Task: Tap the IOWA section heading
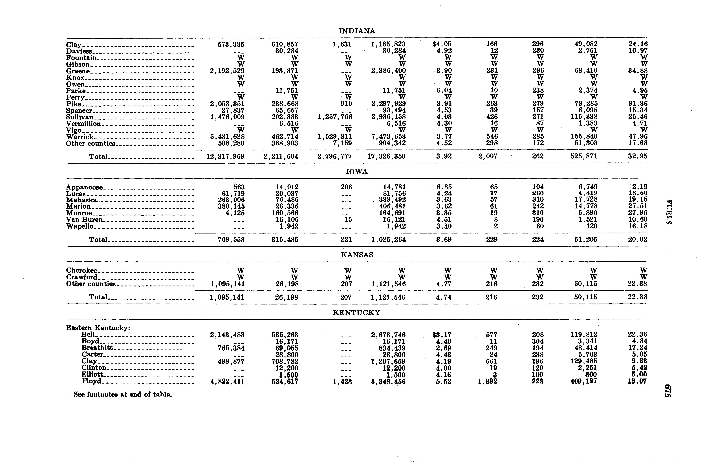(x=357, y=172)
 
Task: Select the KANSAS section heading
(x=357, y=255)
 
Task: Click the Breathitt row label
(x=97, y=348)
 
